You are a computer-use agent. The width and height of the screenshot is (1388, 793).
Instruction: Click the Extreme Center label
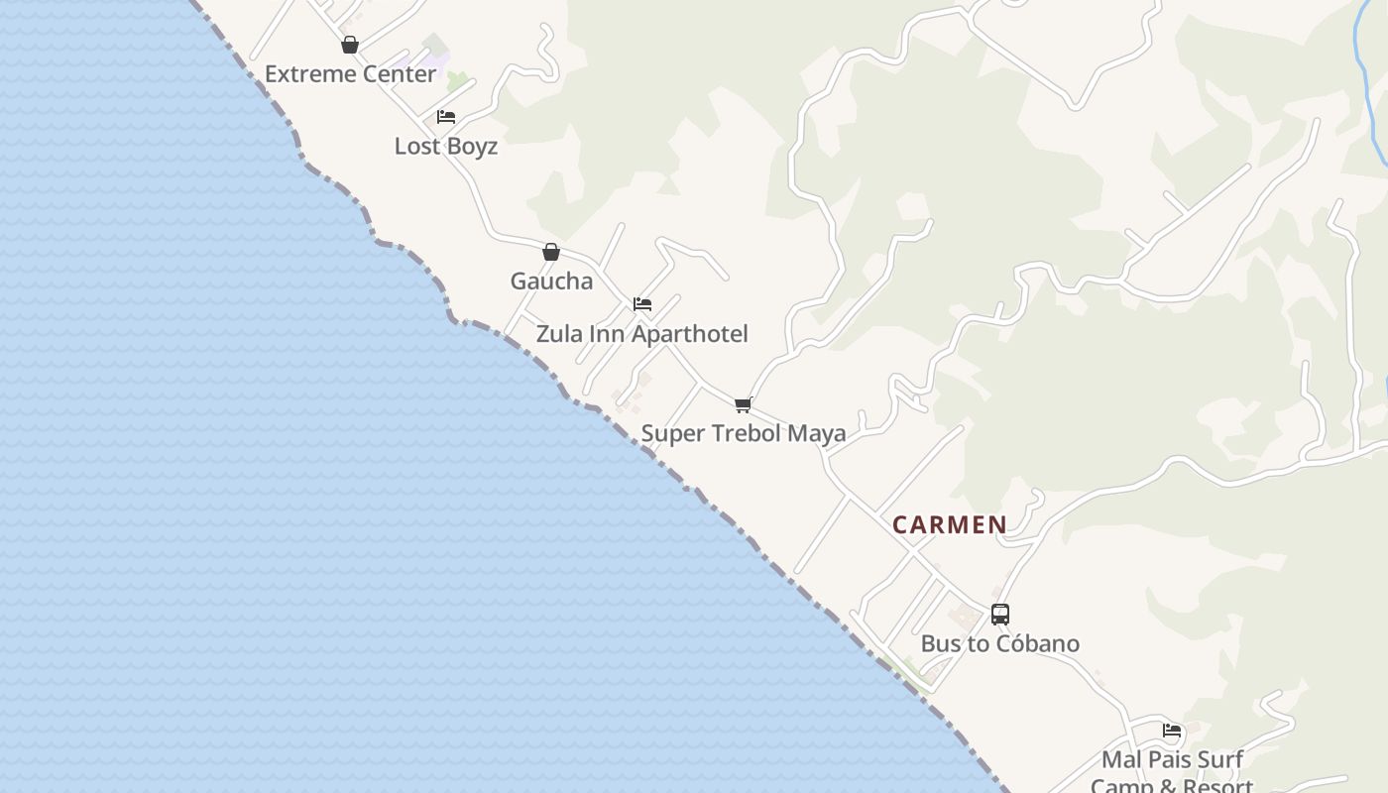pos(350,74)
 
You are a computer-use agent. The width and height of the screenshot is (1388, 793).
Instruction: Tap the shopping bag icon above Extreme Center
pos(350,45)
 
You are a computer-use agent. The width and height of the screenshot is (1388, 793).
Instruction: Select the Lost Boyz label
pos(445,146)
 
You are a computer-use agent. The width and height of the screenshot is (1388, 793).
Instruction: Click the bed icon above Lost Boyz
pos(446,117)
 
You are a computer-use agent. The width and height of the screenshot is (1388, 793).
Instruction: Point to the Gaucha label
pos(551,282)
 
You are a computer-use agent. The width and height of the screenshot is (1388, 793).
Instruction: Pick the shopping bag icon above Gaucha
pos(551,252)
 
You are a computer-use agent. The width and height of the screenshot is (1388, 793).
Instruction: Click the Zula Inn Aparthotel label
pos(641,334)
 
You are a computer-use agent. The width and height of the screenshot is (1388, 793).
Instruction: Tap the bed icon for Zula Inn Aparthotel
pos(642,304)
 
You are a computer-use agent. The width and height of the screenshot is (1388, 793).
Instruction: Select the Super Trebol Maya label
pos(743,433)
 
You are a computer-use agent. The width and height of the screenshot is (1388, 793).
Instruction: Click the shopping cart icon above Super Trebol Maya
pos(744,404)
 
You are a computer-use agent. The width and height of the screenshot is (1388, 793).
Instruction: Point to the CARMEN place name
pos(949,525)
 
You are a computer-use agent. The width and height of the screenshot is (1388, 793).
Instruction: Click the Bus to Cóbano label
pos(999,643)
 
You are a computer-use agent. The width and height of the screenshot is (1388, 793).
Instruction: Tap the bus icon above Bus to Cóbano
pos(1000,615)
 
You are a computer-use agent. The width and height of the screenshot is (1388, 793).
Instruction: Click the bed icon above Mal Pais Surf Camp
pos(1172,732)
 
